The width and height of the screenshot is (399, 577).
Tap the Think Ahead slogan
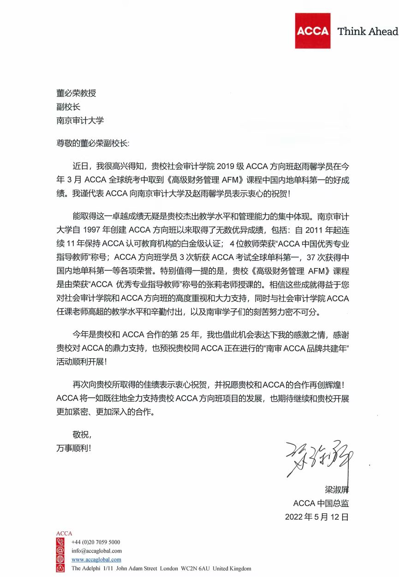coord(368,31)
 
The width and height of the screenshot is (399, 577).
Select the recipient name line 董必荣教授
coord(76,93)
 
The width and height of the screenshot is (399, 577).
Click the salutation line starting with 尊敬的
coord(93,143)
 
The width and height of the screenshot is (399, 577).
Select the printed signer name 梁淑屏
coord(335,489)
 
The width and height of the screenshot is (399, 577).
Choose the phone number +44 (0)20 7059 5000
coord(95,542)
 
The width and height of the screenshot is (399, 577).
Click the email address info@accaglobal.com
coord(96,551)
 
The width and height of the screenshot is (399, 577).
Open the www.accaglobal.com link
coord(96,559)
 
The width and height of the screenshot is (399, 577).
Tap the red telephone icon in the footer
coord(60,542)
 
